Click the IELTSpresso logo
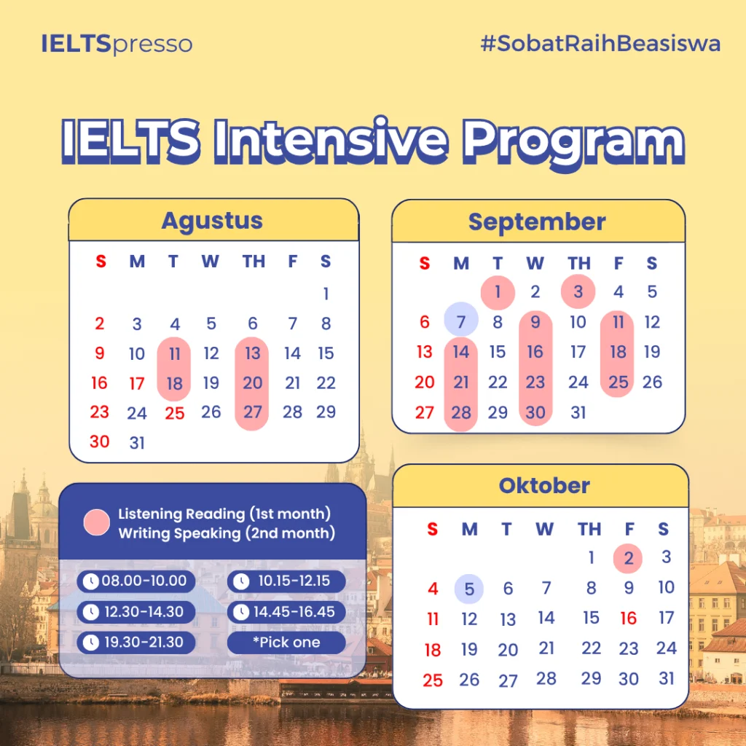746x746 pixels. tap(117, 44)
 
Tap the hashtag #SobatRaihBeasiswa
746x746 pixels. tap(600, 43)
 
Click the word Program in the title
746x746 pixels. tap(574, 142)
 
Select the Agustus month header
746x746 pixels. tap(212, 221)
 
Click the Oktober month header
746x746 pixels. tap(544, 486)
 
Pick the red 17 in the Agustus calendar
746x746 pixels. tap(136, 383)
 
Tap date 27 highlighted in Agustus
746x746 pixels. tap(252, 412)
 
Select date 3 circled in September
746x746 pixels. tap(578, 291)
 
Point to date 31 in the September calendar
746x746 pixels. tap(578, 412)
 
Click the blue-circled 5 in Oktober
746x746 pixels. tap(469, 589)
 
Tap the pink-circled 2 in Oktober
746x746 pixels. tap(628, 559)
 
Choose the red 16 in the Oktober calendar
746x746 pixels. tap(628, 619)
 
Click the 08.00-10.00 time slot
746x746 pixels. tap(136, 581)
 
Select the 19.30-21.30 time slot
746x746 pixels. tap(136, 643)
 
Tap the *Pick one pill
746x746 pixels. tap(286, 643)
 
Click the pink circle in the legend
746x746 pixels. tap(97, 522)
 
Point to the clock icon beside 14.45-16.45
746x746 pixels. tap(241, 612)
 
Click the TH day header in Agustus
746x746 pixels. tap(254, 262)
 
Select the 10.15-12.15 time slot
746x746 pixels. tap(286, 581)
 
